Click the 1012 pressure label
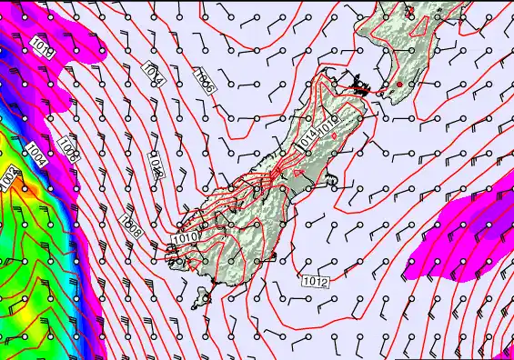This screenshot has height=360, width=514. pyautogui.click(x=317, y=281)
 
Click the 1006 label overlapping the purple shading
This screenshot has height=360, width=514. pyautogui.click(x=68, y=145)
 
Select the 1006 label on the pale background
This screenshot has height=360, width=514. pyautogui.click(x=205, y=82)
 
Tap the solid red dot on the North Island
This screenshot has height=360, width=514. pyautogui.click(x=398, y=85)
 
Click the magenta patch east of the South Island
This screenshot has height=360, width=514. pyautogui.click(x=464, y=232)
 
